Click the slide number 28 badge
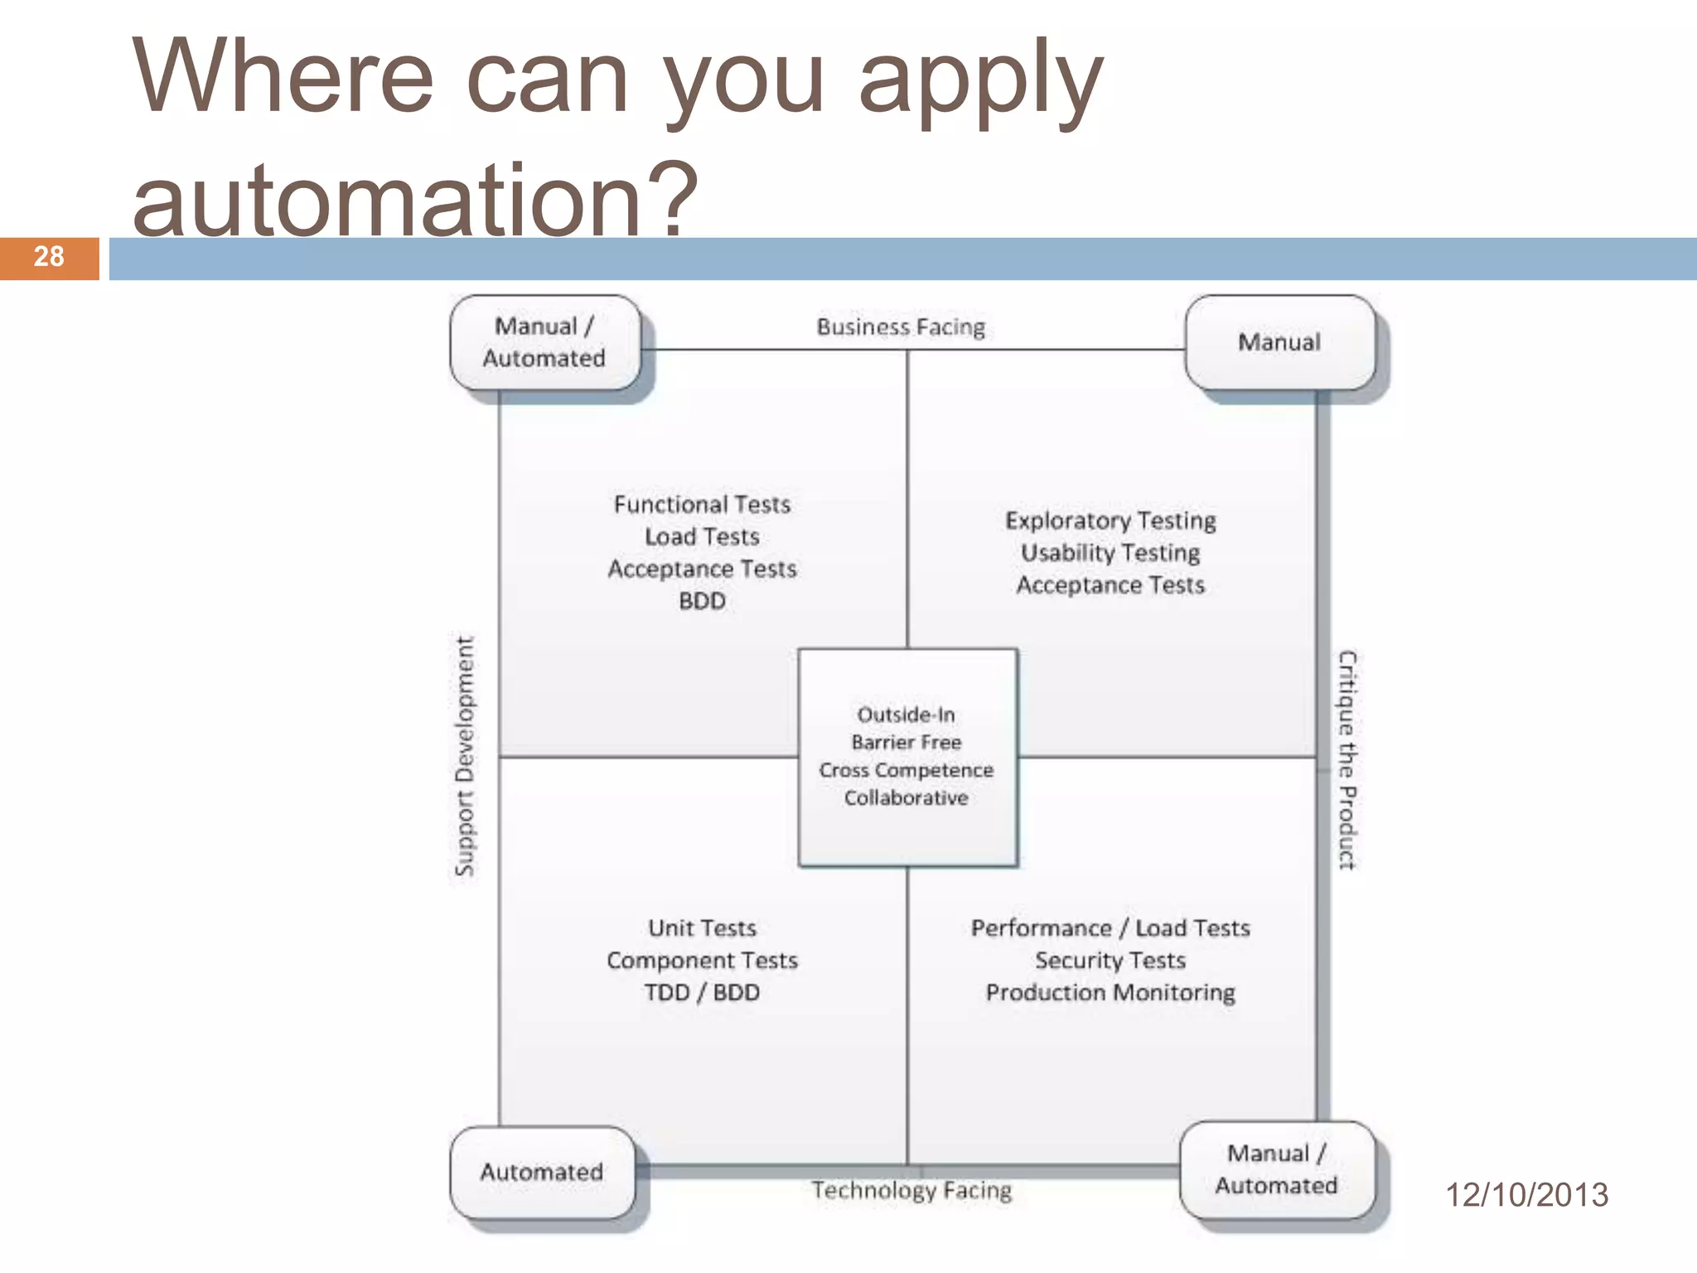click(49, 258)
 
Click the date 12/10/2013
click(1526, 1195)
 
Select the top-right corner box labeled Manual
click(1279, 342)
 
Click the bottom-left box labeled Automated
click(542, 1172)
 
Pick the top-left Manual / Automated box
click(544, 342)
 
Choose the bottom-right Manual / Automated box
click(1276, 1169)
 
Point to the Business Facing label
click(901, 327)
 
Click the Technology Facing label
click(911, 1190)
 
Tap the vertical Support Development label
click(465, 756)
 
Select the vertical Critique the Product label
click(1347, 759)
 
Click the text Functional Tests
click(702, 505)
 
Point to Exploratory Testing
click(1110, 520)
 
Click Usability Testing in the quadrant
click(1110, 553)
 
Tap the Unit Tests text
click(702, 928)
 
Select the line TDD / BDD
click(702, 993)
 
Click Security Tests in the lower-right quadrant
click(1110, 961)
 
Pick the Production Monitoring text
click(1110, 993)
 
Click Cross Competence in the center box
click(906, 770)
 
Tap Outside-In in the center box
click(906, 714)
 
